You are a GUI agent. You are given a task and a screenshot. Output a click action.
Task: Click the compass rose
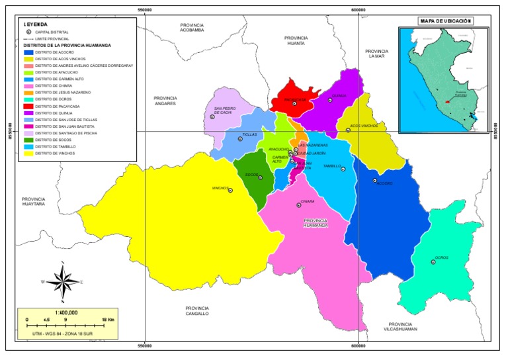[x=62, y=281]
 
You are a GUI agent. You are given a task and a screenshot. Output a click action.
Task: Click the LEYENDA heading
[x=35, y=24]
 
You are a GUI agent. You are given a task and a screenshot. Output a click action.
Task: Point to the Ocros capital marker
[x=433, y=262]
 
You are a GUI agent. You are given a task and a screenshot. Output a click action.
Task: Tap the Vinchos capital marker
[x=230, y=191]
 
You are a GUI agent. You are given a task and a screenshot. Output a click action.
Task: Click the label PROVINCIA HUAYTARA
[x=33, y=202]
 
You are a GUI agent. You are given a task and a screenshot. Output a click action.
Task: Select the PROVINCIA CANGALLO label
[x=197, y=311]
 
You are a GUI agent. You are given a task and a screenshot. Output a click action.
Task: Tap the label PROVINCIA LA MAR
[x=376, y=54]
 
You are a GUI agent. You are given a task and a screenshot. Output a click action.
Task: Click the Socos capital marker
[x=260, y=177]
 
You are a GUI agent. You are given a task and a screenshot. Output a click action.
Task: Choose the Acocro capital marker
[x=374, y=180]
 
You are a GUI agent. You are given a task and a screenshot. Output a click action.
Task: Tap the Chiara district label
[x=307, y=201]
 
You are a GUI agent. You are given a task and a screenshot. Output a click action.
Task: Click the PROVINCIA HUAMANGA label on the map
[x=316, y=223]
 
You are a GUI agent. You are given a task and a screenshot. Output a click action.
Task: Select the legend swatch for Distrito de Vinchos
[x=28, y=153]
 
